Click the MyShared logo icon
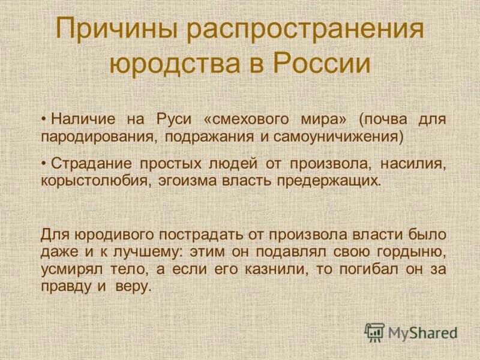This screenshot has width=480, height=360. point(375,332)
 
